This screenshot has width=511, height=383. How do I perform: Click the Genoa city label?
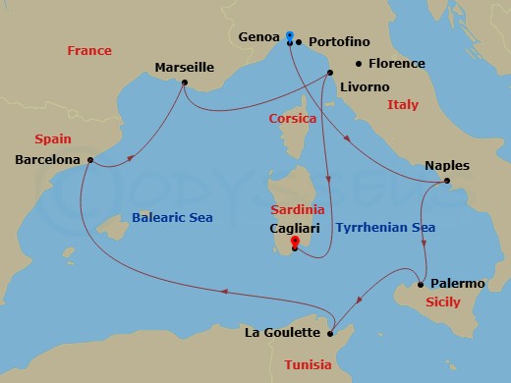(259, 36)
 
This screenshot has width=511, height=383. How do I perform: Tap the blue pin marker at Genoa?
(290, 36)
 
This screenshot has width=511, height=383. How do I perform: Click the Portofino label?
(341, 42)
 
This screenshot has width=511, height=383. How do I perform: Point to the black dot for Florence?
(359, 64)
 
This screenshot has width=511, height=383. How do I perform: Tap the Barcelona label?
(48, 158)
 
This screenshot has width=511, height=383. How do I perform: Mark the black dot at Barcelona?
(90, 159)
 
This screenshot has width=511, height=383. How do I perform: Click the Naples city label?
(448, 165)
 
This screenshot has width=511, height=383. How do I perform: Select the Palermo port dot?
(421, 284)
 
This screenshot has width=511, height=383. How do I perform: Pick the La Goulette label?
(282, 333)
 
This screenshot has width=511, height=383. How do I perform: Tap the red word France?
(88, 50)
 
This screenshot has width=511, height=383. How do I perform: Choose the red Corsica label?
(293, 119)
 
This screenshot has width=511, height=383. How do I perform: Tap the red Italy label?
(403, 104)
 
